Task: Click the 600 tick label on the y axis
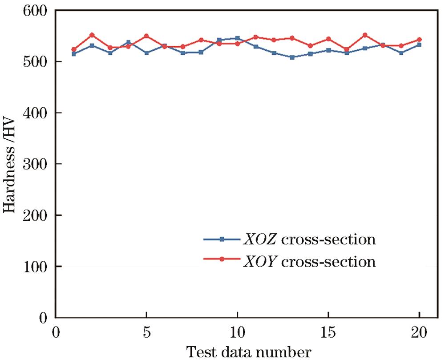pos(36,11)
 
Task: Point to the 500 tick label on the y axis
pos(36,61)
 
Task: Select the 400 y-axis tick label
pos(36,113)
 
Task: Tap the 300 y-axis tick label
pos(36,164)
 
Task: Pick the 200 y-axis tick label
pos(36,215)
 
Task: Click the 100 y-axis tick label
pos(36,267)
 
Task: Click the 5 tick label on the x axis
pos(146,333)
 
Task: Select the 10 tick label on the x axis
pos(237,333)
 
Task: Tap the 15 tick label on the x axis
pos(328,333)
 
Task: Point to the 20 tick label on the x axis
pos(419,333)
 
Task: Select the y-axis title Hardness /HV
pos(11,164)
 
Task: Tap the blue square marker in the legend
pos(221,239)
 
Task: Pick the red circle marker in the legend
pos(221,260)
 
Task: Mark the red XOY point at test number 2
pos(92,35)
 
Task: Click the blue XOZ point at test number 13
pos(292,57)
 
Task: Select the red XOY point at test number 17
pos(365,35)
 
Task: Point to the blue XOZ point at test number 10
pos(237,38)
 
